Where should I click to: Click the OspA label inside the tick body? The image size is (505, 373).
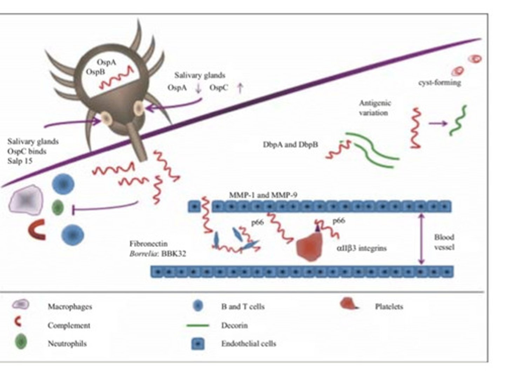(106, 62)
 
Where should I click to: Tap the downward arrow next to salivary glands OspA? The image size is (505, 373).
(198, 88)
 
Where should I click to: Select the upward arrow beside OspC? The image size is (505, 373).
(240, 87)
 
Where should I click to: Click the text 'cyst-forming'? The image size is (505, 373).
(439, 83)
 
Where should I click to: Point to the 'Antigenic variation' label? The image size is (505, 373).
(375, 108)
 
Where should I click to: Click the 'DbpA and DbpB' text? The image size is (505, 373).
(290, 144)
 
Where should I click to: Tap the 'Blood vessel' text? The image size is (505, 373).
(444, 242)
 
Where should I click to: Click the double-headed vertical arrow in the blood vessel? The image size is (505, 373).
(422, 239)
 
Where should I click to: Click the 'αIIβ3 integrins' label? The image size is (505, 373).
(362, 248)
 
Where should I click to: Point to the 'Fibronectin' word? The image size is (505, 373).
(148, 243)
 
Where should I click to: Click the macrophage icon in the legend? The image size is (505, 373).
(21, 305)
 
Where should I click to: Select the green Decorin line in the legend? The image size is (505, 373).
(197, 326)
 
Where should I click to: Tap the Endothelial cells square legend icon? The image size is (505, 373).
(198, 343)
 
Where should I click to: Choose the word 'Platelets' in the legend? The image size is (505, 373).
(389, 307)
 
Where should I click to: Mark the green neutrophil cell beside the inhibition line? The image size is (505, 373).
(58, 208)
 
